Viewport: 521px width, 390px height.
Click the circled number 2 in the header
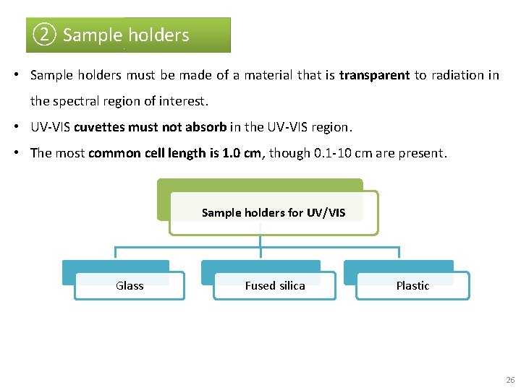click(x=45, y=35)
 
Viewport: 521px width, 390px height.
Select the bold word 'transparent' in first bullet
click(x=374, y=75)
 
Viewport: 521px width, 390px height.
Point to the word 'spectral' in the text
click(x=98, y=101)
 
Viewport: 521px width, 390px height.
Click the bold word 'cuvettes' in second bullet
click(x=99, y=127)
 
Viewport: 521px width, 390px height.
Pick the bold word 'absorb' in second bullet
click(x=206, y=127)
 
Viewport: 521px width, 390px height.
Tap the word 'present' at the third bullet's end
click(x=424, y=153)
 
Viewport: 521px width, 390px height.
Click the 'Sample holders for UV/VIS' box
click(x=274, y=212)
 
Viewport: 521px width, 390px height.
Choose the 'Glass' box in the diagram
click(x=130, y=285)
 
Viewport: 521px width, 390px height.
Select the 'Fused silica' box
click(x=275, y=285)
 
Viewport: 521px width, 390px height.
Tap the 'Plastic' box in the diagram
click(x=412, y=285)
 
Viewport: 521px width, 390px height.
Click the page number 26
click(x=510, y=380)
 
